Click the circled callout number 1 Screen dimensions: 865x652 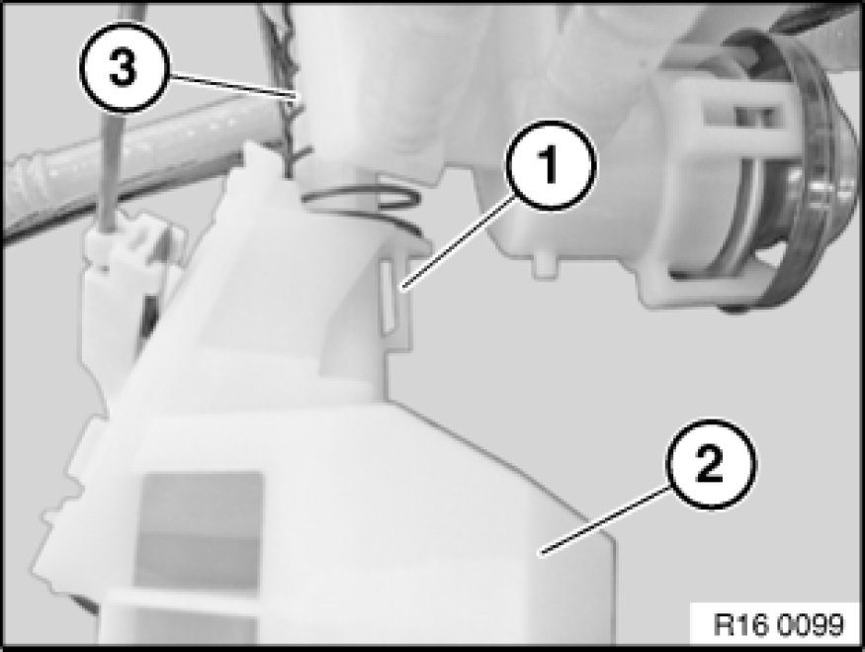551,164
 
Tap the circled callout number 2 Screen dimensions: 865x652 710,465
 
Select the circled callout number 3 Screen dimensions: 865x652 123,68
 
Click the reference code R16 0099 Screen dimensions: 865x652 778,624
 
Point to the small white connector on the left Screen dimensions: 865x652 125,276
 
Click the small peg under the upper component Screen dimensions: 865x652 546,264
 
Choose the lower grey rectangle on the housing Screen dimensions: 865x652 197,563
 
